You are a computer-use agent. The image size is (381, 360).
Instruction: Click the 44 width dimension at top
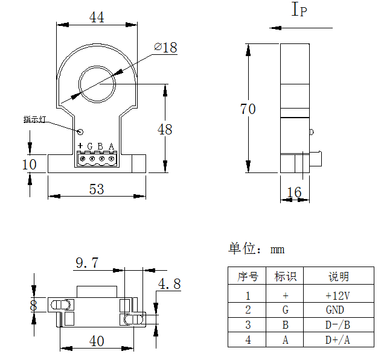pyautogui.click(x=97, y=17)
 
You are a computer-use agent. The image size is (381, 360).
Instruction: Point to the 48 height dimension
pyautogui.click(x=164, y=129)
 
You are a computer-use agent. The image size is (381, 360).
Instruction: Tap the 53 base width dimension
pyautogui.click(x=97, y=189)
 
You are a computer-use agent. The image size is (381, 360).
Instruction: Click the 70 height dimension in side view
pyautogui.click(x=248, y=109)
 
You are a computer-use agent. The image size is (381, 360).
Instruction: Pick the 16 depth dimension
pyautogui.click(x=294, y=192)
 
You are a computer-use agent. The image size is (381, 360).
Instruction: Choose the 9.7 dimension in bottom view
pyautogui.click(x=86, y=263)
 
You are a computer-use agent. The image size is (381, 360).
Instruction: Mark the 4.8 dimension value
pyautogui.click(x=168, y=284)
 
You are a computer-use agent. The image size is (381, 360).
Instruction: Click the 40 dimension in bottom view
pyautogui.click(x=97, y=341)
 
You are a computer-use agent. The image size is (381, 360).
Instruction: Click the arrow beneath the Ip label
pyautogui.click(x=301, y=28)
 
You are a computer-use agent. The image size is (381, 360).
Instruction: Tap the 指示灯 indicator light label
pyautogui.click(x=35, y=119)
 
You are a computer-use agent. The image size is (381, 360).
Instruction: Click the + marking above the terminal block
pyautogui.click(x=80, y=146)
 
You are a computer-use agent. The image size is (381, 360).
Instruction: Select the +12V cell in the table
pyautogui.click(x=338, y=295)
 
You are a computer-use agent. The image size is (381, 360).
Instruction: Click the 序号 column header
pyautogui.click(x=248, y=277)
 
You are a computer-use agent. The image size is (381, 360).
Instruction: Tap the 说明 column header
pyautogui.click(x=338, y=277)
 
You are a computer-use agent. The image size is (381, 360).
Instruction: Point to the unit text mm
pyautogui.click(x=277, y=250)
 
